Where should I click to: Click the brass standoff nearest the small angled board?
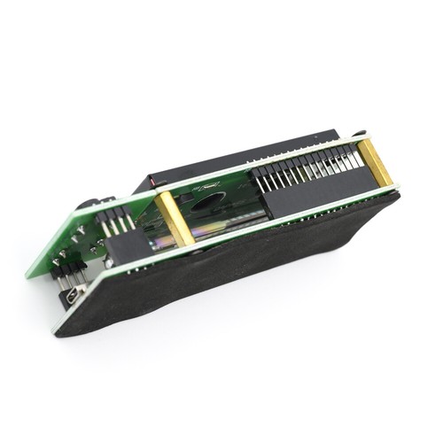(x=174, y=220)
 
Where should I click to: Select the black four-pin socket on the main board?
(x=124, y=248)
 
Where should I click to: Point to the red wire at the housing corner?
(x=157, y=183)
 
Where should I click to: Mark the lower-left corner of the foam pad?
(x=58, y=333)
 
